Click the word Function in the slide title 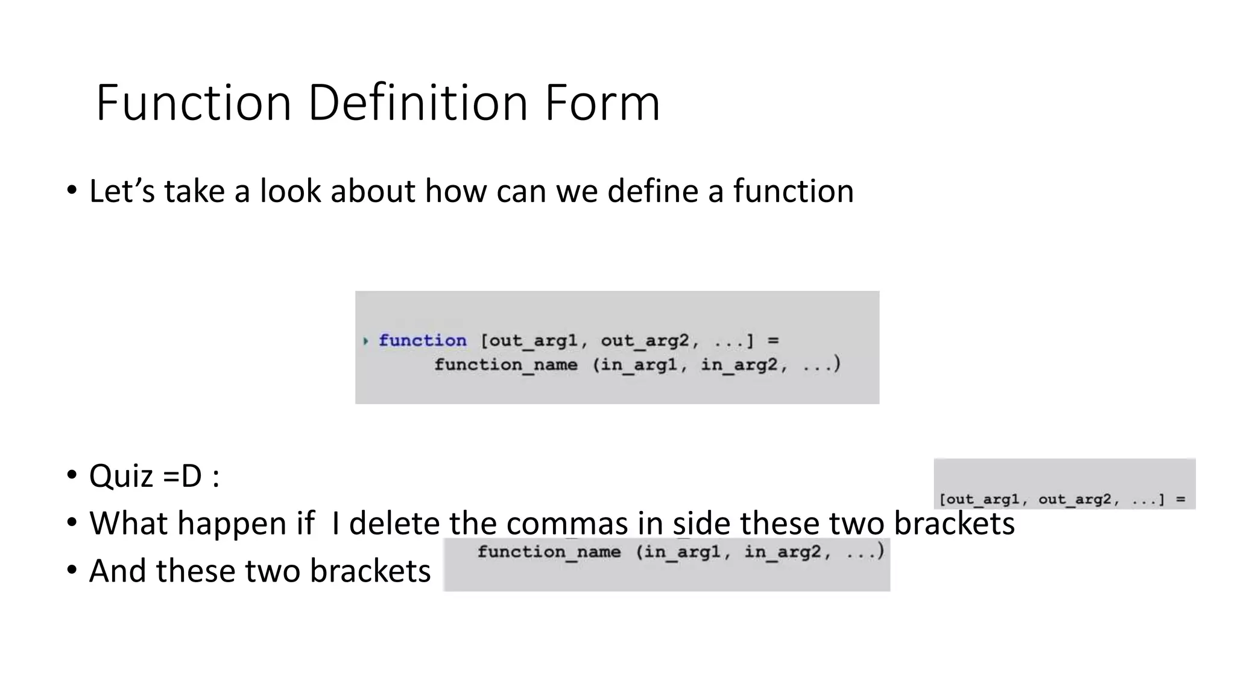pos(194,103)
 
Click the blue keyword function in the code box pos(422,341)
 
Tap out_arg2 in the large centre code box pos(645,341)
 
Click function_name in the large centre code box pos(506,365)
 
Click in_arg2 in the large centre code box pos(739,365)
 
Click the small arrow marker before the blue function pos(365,341)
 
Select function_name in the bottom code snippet pos(549,552)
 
